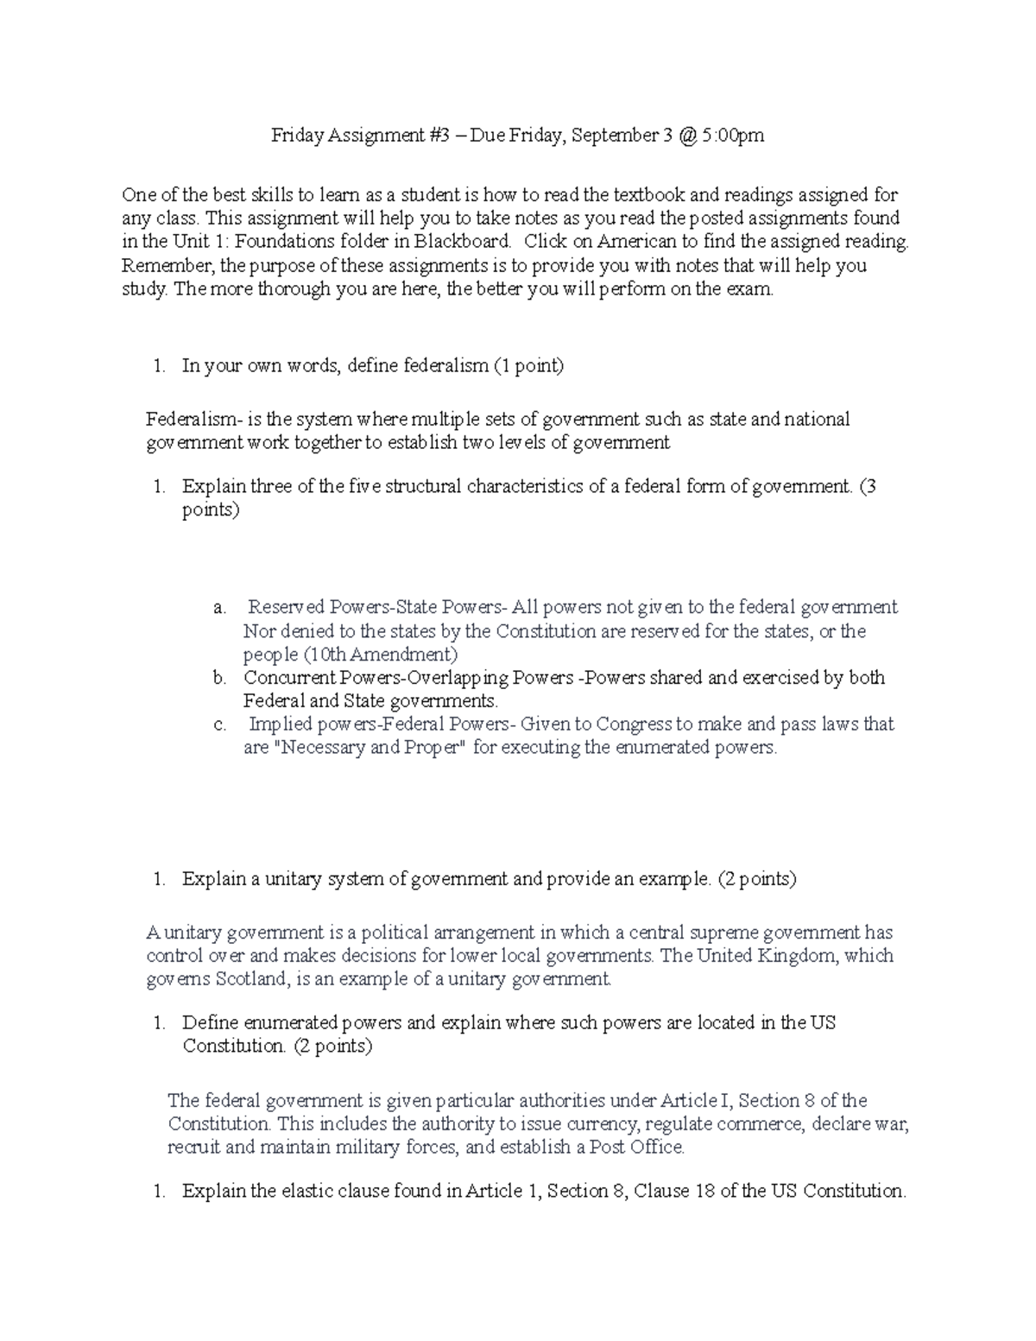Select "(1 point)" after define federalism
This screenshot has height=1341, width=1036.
[528, 366]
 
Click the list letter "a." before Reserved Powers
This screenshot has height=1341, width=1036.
[219, 608]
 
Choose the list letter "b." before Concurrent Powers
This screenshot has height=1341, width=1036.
[219, 678]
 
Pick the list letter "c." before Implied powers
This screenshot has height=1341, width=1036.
[219, 724]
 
